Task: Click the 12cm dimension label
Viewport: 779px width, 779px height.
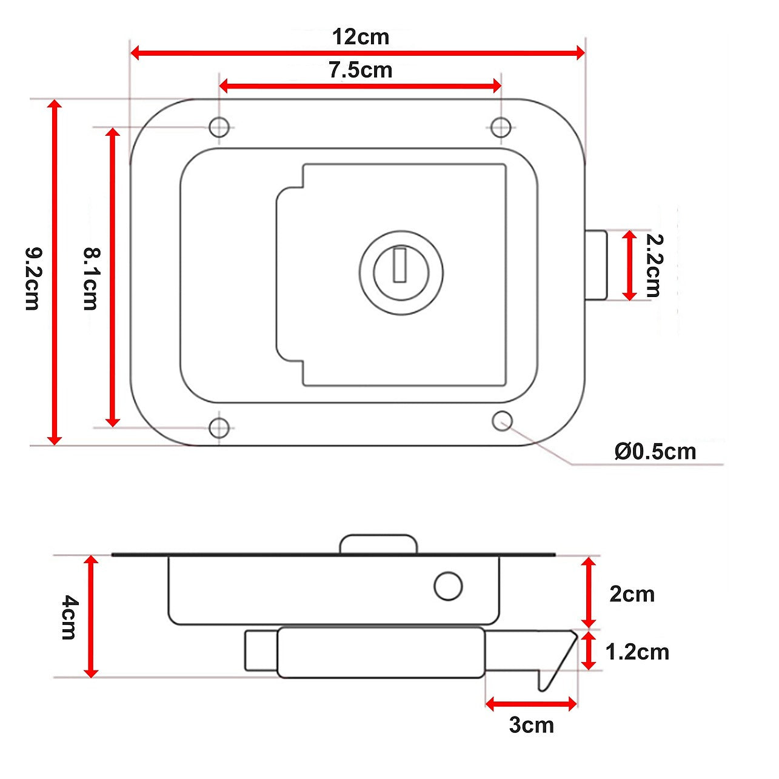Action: (361, 37)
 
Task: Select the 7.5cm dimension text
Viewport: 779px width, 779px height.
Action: (360, 70)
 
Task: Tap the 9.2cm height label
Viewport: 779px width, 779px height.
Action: (33, 279)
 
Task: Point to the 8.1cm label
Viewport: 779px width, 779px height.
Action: (90, 279)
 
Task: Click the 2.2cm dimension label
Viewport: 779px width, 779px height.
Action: (654, 266)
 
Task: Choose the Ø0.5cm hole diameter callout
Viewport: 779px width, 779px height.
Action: (655, 452)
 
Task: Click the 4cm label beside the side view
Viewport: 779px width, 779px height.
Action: (69, 617)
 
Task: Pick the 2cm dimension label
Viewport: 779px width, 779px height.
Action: (632, 594)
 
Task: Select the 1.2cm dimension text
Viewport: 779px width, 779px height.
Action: (637, 652)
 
